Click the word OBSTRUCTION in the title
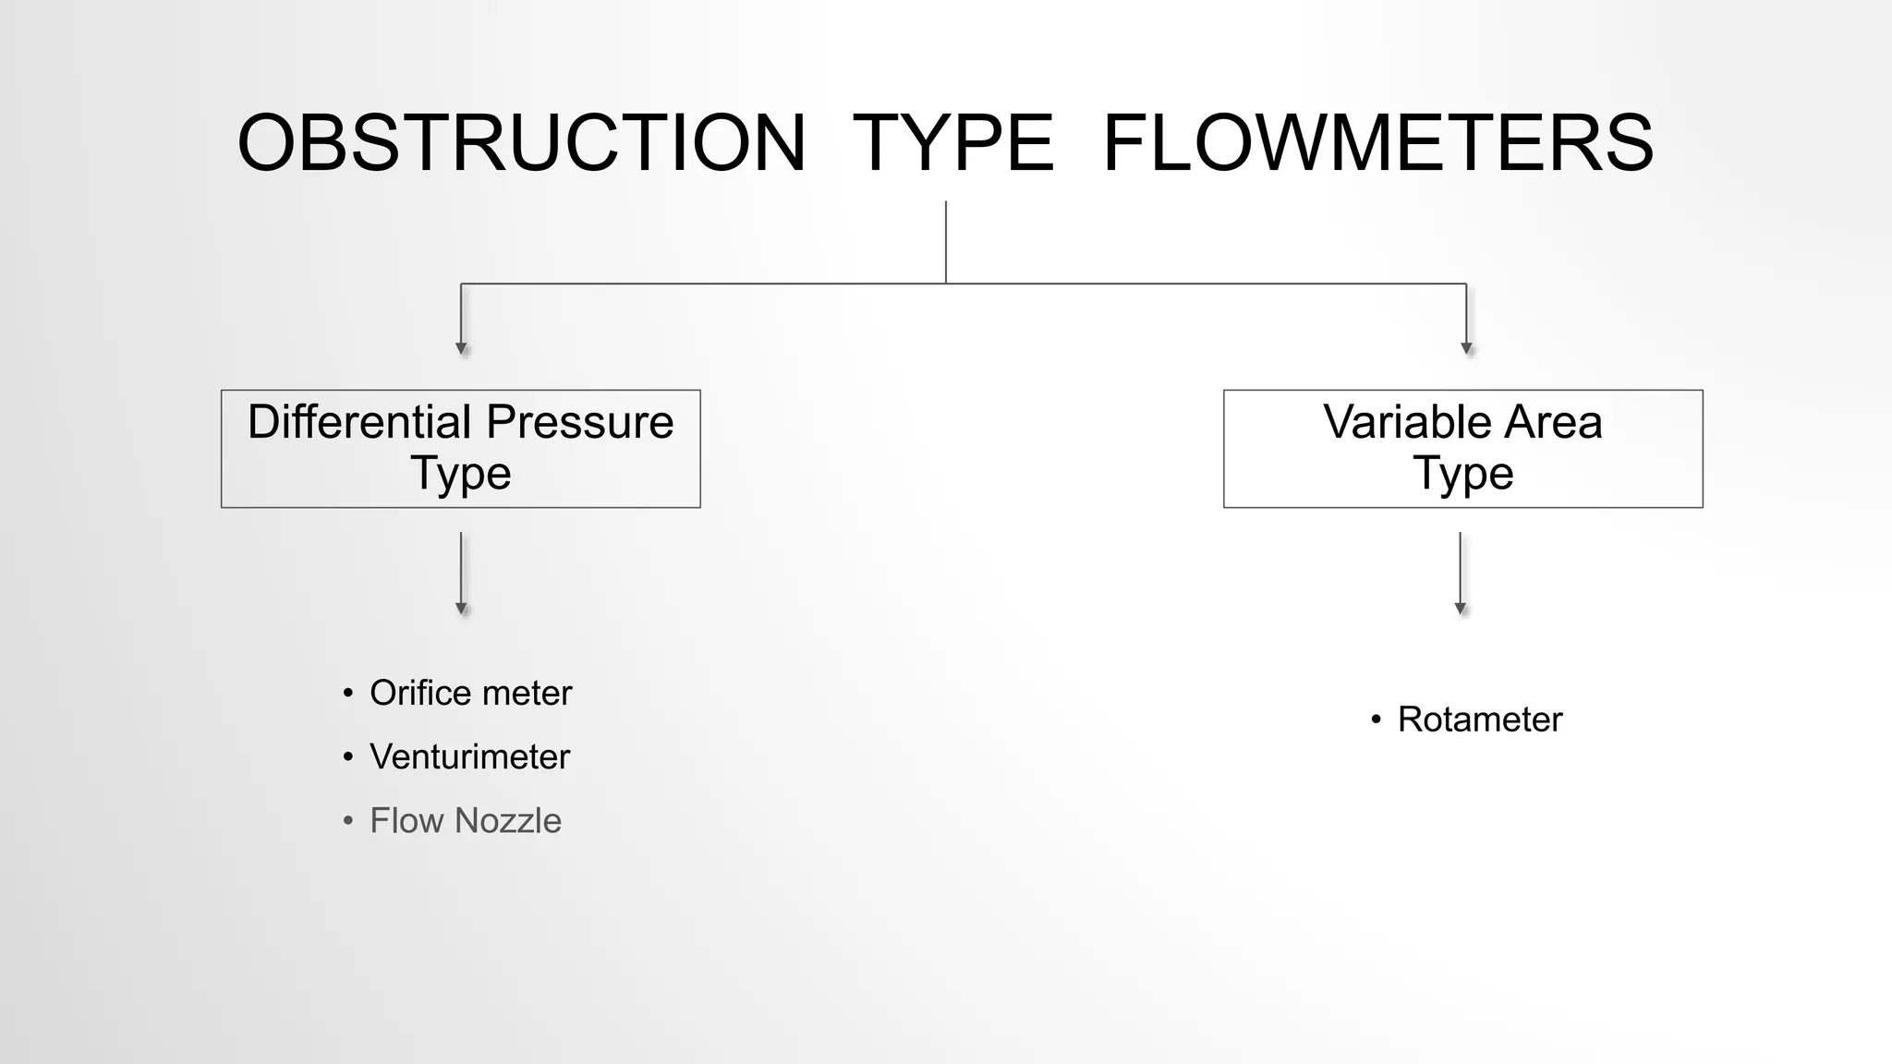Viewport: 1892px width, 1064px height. click(x=522, y=143)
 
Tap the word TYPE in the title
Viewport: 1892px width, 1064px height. click(x=952, y=143)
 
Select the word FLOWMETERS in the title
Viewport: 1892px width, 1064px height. click(x=1377, y=143)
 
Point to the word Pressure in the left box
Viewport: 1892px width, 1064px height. click(x=580, y=422)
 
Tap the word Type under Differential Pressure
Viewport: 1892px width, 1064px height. click(x=460, y=474)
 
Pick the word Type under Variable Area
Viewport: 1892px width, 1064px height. click(x=1462, y=474)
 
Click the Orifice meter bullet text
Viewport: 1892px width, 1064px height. click(x=470, y=693)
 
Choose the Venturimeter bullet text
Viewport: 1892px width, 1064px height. click(x=469, y=756)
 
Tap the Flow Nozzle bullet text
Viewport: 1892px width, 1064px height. click(x=465, y=820)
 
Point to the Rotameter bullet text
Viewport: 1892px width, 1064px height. click(x=1479, y=719)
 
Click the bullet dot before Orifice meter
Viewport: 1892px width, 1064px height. click(x=347, y=694)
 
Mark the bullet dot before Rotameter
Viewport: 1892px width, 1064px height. click(x=1376, y=719)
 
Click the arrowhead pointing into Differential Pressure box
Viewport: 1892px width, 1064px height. click(x=461, y=349)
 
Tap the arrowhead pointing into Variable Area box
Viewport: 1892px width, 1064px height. click(x=1466, y=349)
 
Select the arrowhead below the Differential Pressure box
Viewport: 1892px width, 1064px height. click(x=461, y=609)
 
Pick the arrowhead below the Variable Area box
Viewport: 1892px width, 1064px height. click(x=1461, y=609)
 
